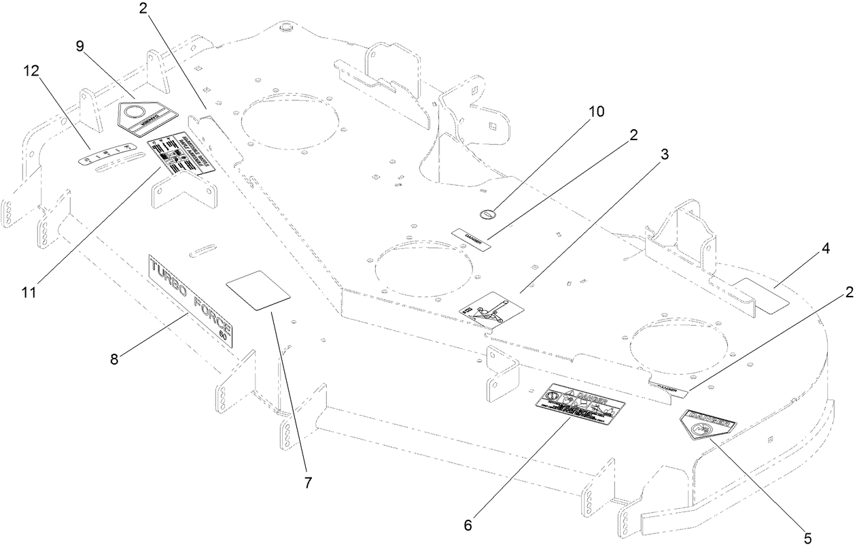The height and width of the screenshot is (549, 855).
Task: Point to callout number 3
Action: (x=664, y=154)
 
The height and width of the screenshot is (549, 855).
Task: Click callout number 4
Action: (x=825, y=249)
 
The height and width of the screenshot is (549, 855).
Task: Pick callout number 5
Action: (x=807, y=537)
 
